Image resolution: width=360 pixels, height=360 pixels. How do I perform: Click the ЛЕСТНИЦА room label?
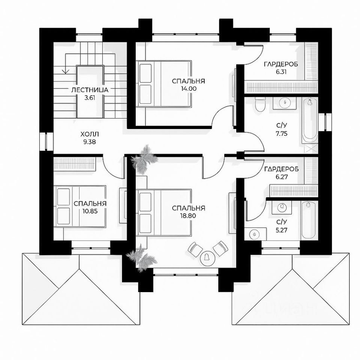(90, 90)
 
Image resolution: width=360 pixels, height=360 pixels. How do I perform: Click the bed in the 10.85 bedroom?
(80, 206)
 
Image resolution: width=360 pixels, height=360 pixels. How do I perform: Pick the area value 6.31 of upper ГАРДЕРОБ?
(280, 72)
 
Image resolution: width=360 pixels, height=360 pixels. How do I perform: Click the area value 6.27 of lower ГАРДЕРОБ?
(281, 177)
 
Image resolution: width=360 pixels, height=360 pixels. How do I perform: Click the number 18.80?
(188, 216)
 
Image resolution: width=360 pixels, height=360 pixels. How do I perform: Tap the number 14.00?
(188, 89)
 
